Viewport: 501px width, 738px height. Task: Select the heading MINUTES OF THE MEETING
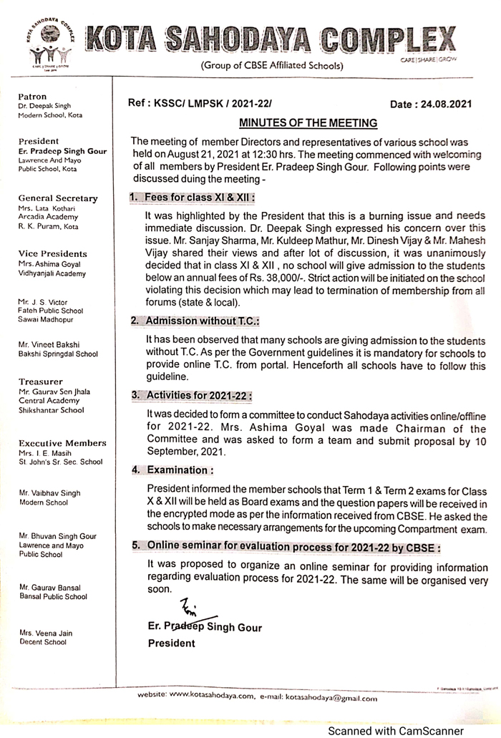click(x=308, y=123)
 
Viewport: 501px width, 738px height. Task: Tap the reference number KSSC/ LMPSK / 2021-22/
click(x=200, y=103)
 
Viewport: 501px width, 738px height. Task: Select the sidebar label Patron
click(x=32, y=97)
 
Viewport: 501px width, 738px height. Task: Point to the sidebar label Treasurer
click(x=41, y=382)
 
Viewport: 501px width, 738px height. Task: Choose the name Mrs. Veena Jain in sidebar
click(x=46, y=633)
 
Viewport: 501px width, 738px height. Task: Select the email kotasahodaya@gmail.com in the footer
click(x=331, y=696)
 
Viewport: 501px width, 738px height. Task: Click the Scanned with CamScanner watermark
click(x=405, y=731)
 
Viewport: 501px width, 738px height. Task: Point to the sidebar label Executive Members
click(x=62, y=443)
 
